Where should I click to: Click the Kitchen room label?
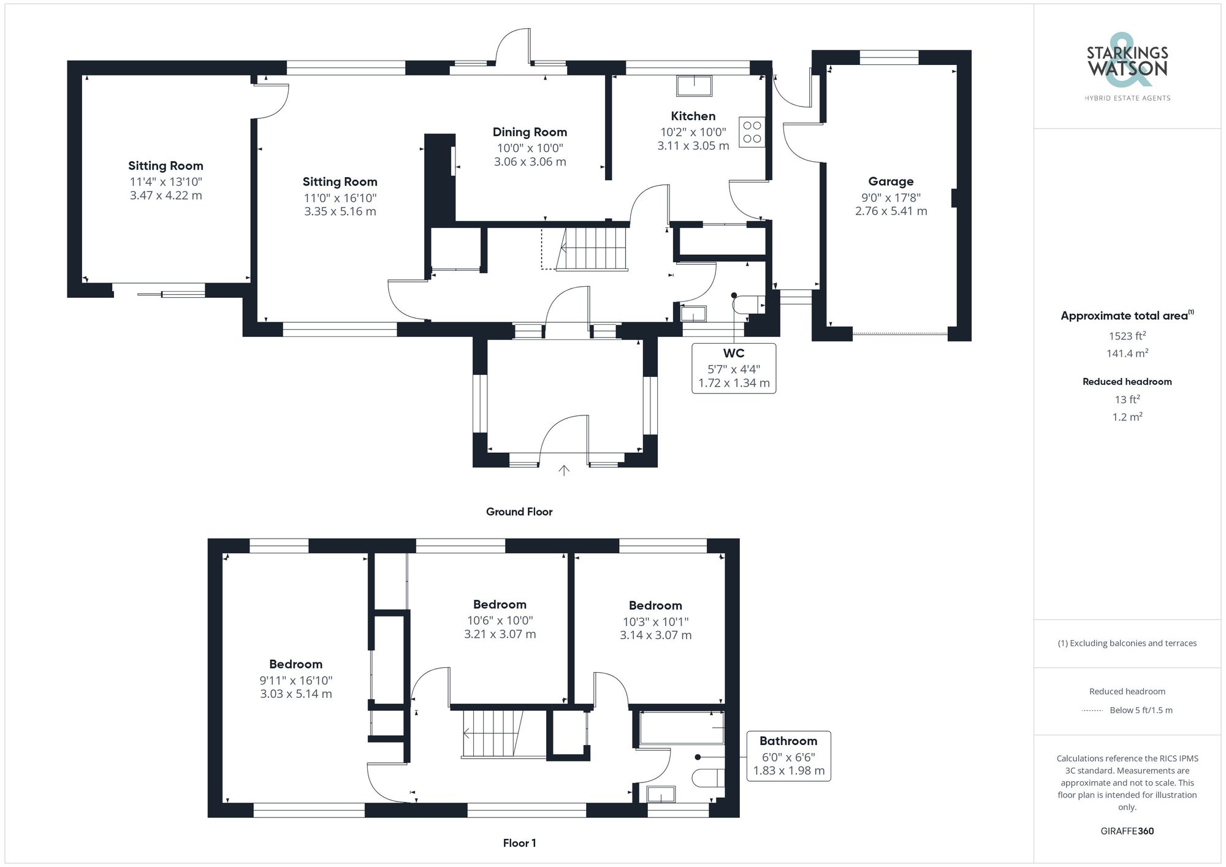(693, 116)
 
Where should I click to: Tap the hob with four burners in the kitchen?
(752, 132)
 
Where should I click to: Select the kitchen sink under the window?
(694, 86)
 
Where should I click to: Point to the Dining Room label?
(530, 132)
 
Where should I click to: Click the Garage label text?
(891, 181)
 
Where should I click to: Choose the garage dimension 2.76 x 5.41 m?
(891, 211)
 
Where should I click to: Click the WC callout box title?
(734, 353)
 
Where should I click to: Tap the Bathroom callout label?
(788, 741)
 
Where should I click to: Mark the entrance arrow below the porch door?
(564, 471)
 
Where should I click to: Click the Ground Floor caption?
(519, 512)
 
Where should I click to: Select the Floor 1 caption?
(519, 843)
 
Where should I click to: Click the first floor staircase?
(492, 734)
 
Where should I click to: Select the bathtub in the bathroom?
(681, 728)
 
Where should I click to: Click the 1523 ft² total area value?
(1127, 336)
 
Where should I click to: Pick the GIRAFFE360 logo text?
(1127, 831)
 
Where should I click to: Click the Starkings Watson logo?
(1127, 68)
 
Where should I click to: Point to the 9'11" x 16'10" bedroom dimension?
(296, 680)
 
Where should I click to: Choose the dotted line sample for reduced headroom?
(1092, 711)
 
